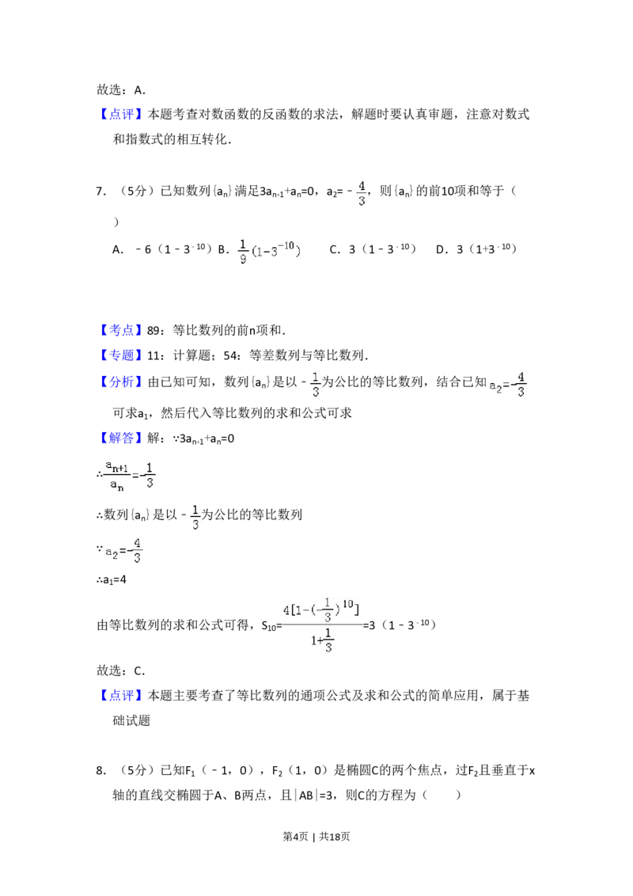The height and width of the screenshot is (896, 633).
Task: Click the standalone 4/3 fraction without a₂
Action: (362, 193)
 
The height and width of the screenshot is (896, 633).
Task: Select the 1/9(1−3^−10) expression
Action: (269, 250)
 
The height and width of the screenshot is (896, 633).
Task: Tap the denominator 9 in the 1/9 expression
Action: (243, 259)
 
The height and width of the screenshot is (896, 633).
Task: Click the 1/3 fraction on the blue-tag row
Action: (314, 383)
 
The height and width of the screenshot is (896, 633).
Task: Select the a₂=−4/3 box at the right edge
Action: (506, 383)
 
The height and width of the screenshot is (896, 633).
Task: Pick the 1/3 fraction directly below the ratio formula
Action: (196, 516)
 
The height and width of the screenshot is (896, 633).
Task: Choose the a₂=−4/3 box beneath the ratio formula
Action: (123, 551)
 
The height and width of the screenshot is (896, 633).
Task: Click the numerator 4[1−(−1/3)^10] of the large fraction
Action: (322, 609)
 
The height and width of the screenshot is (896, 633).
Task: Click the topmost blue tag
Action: (123, 114)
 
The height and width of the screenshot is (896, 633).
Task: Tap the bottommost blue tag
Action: (123, 695)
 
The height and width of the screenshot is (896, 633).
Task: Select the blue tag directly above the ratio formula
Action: (123, 438)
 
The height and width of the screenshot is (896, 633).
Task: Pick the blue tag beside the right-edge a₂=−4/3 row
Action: (123, 383)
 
